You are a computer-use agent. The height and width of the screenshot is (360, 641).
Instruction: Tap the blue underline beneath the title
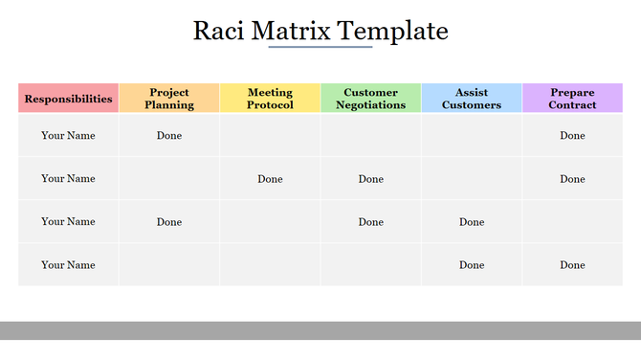pyautogui.click(x=320, y=47)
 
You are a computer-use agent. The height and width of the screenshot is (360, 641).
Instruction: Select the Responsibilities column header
pyautogui.click(x=69, y=99)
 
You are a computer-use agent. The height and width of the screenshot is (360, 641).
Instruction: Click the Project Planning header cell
pyautogui.click(x=169, y=99)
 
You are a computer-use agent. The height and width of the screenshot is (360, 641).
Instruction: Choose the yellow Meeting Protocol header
pyautogui.click(x=270, y=99)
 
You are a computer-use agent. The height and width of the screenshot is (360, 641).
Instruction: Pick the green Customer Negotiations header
pyautogui.click(x=370, y=99)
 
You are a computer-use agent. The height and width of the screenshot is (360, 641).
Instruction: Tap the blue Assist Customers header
pyautogui.click(x=472, y=99)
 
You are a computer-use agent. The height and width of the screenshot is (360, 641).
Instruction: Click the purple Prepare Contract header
pyautogui.click(x=572, y=99)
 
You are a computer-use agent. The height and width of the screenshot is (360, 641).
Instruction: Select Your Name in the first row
pyautogui.click(x=68, y=136)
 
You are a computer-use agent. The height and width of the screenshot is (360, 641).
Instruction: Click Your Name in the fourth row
pyautogui.click(x=68, y=265)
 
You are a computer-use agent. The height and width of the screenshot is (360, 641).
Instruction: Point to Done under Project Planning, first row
pyautogui.click(x=169, y=136)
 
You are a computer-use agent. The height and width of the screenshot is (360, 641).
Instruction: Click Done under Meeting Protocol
pyautogui.click(x=270, y=179)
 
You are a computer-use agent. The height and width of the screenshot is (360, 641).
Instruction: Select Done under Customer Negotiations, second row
pyautogui.click(x=370, y=179)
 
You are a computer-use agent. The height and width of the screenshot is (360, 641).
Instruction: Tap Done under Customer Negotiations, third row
pyautogui.click(x=370, y=222)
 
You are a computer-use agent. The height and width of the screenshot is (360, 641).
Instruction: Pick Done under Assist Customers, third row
pyautogui.click(x=472, y=222)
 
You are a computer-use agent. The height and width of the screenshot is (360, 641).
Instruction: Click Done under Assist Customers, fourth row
pyautogui.click(x=472, y=265)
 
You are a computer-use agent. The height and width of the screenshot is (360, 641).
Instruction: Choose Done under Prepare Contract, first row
pyautogui.click(x=572, y=136)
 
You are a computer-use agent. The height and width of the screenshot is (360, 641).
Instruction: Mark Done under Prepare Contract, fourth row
pyautogui.click(x=572, y=265)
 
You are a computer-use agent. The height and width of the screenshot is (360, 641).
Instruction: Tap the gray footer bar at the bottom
pyautogui.click(x=320, y=330)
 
